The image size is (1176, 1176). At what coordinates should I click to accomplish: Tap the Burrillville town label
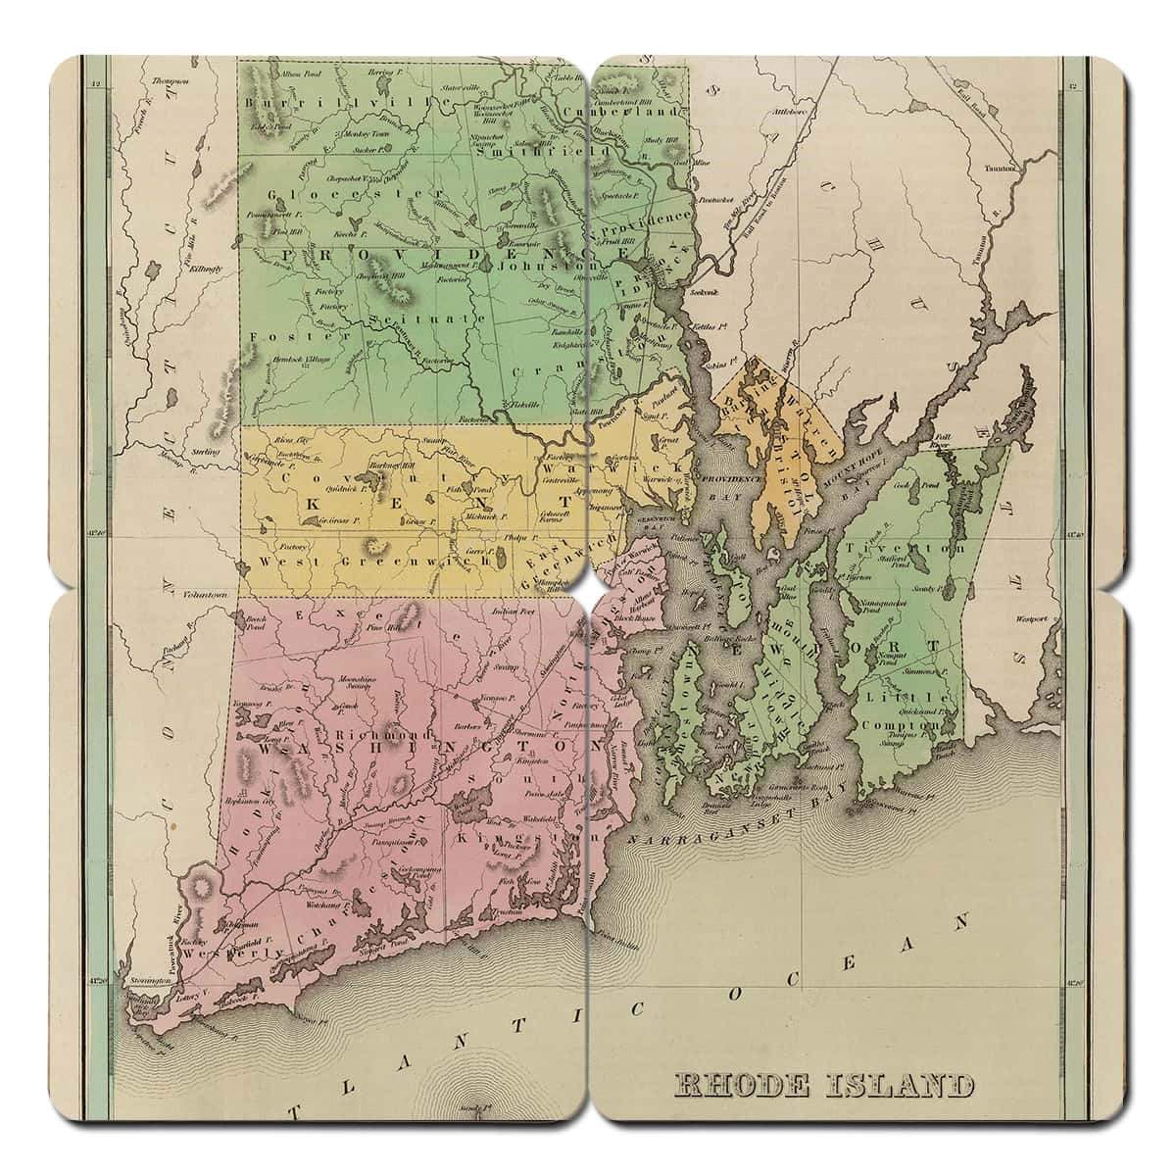[x=293, y=102]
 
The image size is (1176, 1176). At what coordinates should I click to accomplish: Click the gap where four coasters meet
[x=588, y=588]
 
